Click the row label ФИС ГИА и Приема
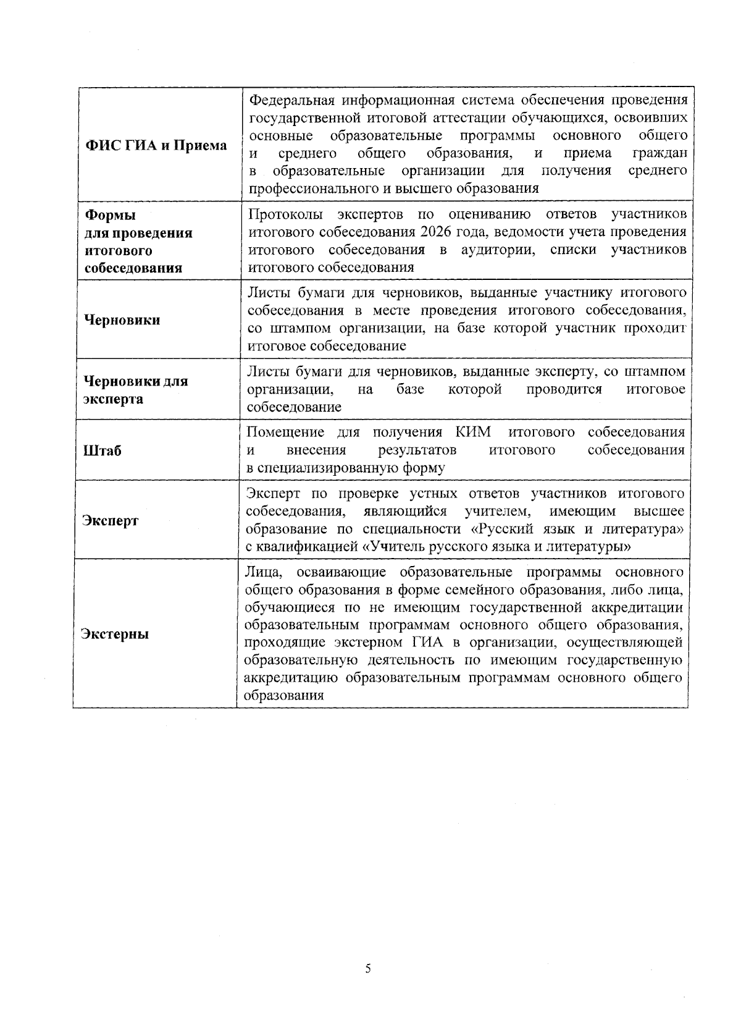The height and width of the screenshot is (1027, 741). click(156, 146)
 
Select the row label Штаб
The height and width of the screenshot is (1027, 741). click(103, 450)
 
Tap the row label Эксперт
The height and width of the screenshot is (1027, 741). click(111, 520)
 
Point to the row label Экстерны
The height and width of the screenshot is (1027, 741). click(116, 634)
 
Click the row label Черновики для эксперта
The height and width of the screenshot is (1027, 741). click(136, 390)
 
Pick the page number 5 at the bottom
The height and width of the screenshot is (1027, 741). click(369, 969)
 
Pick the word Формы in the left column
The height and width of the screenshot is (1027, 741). click(110, 215)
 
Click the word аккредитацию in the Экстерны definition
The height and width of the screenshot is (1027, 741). click(291, 678)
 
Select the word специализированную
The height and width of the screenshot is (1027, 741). click(329, 468)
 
